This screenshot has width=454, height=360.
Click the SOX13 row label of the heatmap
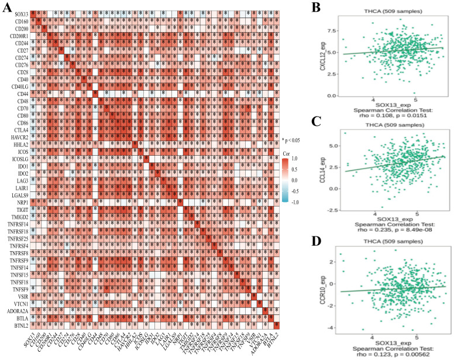18,13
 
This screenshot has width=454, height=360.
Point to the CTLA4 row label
18,127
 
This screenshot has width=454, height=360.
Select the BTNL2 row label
18,325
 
